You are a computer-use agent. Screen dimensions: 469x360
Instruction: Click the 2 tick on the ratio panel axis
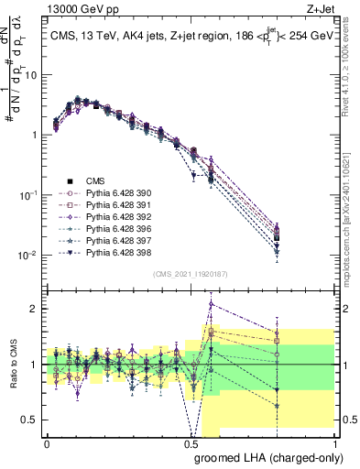35,309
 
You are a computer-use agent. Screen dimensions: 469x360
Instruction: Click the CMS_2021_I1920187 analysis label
190,273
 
